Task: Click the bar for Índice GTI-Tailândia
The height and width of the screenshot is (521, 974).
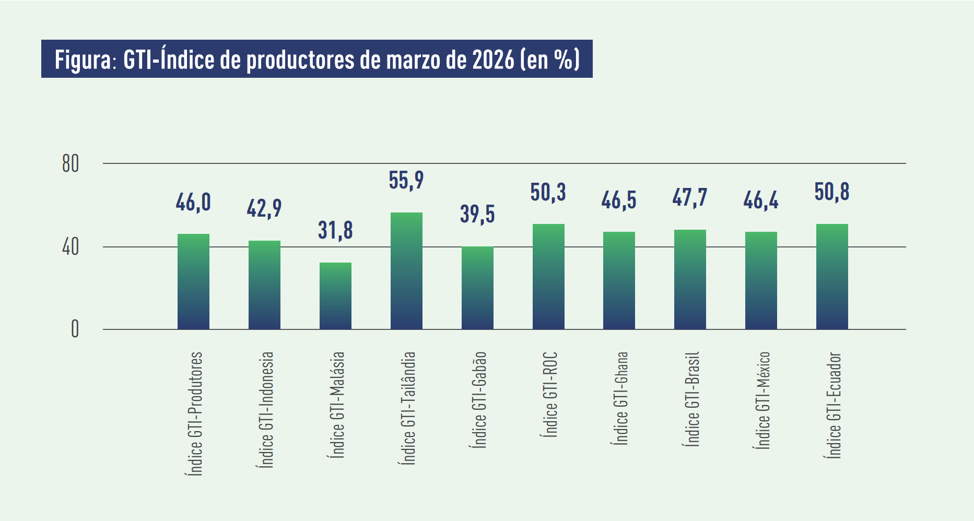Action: point(406,271)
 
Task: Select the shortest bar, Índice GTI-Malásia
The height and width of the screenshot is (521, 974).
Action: point(335,296)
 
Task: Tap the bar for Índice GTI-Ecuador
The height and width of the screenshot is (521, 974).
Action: point(832,277)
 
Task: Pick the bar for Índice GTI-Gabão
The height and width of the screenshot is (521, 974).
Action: point(477,288)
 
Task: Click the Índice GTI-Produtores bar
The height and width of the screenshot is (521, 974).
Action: point(193,282)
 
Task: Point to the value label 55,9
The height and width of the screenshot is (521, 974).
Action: point(406,181)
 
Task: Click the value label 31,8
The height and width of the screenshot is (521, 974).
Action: point(335,231)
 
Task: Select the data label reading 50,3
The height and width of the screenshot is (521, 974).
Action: point(548,193)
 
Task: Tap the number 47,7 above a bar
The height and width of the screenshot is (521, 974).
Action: point(690,198)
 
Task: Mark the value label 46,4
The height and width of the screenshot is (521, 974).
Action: point(760,200)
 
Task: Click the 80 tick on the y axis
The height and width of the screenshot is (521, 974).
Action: point(71,164)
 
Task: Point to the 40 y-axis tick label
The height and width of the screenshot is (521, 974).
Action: point(71,247)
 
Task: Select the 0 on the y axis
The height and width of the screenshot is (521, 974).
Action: point(75,329)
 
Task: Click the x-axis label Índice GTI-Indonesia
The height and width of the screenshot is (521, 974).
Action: point(266,410)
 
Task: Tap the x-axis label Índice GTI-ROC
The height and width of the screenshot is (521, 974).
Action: point(550,395)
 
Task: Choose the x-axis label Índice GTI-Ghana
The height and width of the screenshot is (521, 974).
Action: point(620,398)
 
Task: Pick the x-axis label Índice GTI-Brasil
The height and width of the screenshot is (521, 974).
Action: point(691,399)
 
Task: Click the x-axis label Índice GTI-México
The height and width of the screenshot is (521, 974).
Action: point(762,400)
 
